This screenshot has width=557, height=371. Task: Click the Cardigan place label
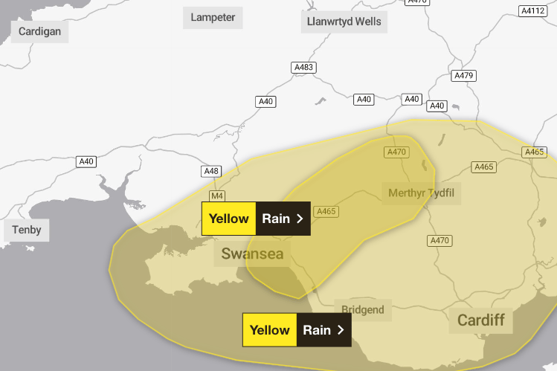click(40, 31)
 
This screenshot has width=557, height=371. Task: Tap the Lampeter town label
click(213, 17)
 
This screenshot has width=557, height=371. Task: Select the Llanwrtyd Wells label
click(344, 22)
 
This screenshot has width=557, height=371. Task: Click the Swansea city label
click(253, 254)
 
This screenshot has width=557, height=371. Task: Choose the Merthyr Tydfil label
click(420, 193)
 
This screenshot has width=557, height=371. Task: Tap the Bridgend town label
click(362, 309)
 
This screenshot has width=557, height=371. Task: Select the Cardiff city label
click(480, 320)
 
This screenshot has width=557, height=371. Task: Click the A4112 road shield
click(532, 11)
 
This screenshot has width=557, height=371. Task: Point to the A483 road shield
click(303, 68)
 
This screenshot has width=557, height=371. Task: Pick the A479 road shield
click(463, 75)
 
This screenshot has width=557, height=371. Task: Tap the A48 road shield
click(212, 172)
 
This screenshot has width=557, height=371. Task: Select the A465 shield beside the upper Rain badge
click(326, 212)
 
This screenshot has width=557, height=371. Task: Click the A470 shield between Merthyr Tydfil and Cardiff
click(440, 240)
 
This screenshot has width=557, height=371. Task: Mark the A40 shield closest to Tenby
click(86, 161)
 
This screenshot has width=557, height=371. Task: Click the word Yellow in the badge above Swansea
click(228, 219)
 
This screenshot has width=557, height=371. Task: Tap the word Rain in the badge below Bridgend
click(317, 329)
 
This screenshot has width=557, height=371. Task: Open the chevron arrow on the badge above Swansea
click(300, 219)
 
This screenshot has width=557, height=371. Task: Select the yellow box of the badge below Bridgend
click(269, 329)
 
